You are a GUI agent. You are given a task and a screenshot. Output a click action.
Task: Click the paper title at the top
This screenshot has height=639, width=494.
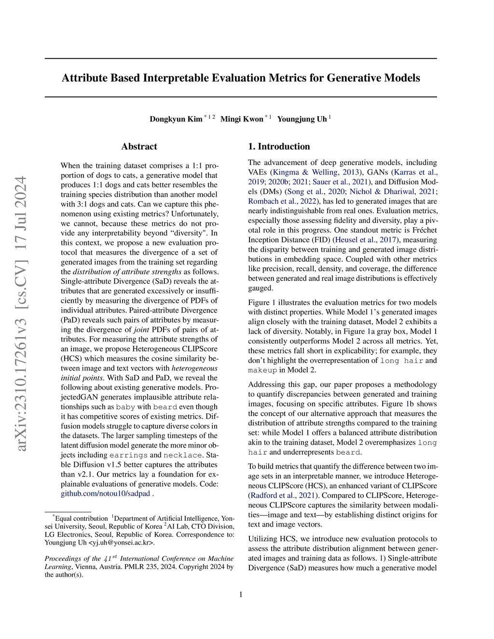tap(241, 78)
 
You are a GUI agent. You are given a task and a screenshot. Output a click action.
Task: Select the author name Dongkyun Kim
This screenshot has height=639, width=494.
tap(176, 119)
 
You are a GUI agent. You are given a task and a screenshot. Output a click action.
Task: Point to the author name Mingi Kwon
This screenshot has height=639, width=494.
tap(242, 119)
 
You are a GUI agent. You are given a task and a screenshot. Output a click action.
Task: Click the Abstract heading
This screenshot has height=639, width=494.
tap(139, 147)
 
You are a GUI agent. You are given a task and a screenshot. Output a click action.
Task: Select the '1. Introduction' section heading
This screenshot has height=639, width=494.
tap(279, 147)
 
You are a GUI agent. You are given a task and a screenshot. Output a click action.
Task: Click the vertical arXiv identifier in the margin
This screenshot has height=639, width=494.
tap(22, 313)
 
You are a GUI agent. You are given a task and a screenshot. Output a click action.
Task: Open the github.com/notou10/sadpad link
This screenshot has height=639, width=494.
tap(106, 493)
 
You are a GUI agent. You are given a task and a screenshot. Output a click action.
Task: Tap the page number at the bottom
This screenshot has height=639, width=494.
tap(241, 594)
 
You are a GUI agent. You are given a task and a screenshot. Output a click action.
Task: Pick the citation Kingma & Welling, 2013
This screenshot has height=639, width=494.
tap(316, 172)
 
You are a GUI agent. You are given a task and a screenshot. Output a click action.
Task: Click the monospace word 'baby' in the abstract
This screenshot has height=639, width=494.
tap(125, 407)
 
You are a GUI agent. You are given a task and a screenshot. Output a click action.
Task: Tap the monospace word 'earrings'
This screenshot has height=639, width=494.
tap(128, 455)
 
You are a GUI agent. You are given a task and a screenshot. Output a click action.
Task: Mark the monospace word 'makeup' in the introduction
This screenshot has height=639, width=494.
tap(262, 370)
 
